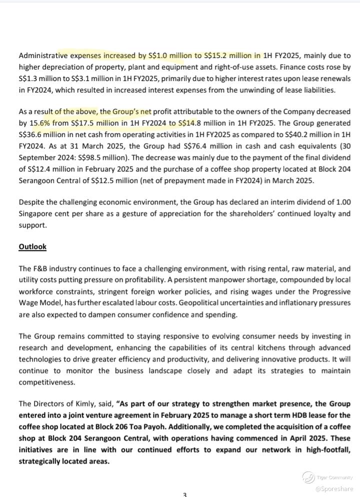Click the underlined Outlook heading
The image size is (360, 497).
32,246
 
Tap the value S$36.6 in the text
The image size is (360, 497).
29,134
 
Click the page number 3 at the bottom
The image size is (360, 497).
184,494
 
